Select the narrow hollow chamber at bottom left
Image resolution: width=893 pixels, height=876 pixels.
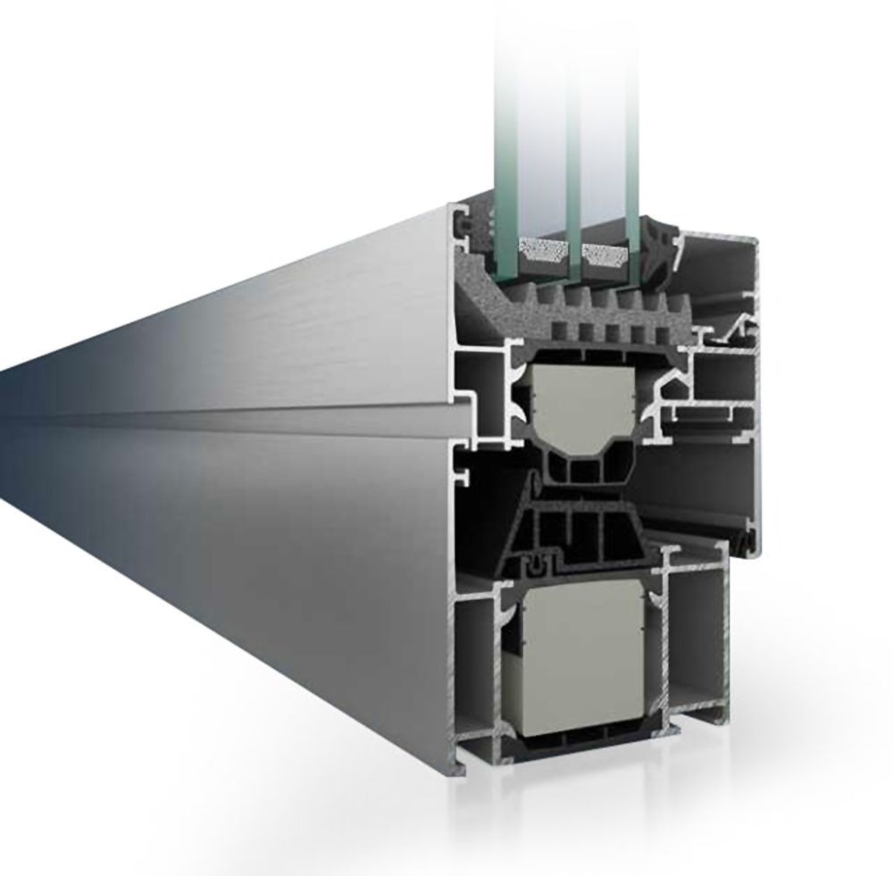[474, 661]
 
